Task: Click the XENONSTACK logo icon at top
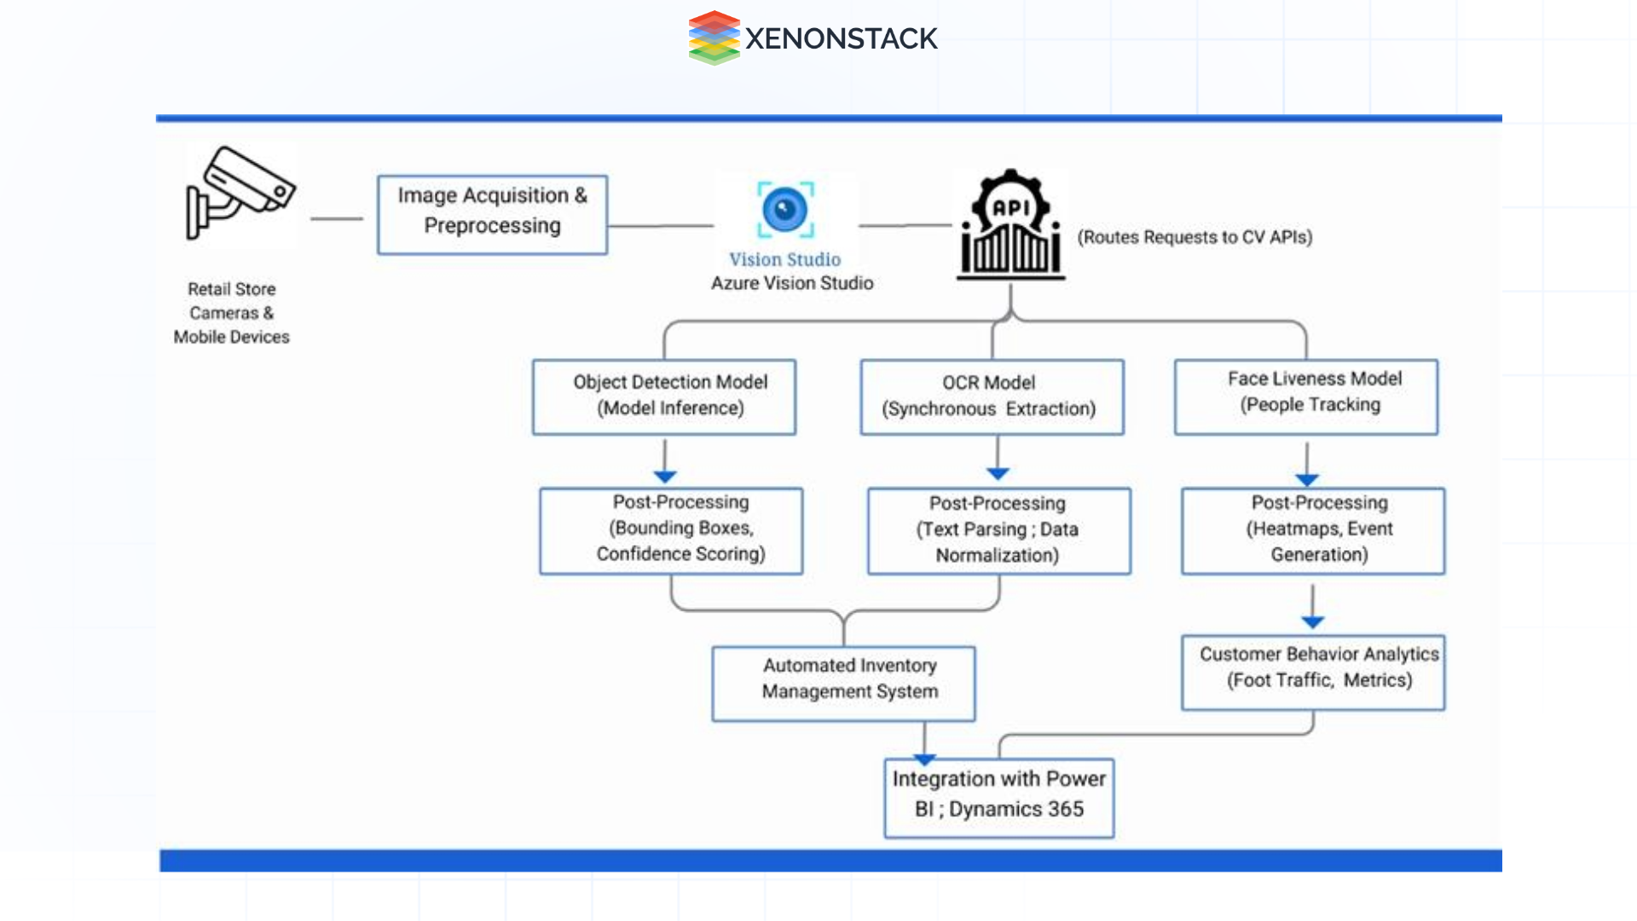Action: pyautogui.click(x=714, y=38)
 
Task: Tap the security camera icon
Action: pyautogui.click(x=240, y=193)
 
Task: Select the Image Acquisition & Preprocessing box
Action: pyautogui.click(x=493, y=215)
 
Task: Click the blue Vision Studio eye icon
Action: pyautogui.click(x=785, y=210)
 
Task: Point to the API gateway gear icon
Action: pyautogui.click(x=1011, y=224)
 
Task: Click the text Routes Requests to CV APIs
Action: pyautogui.click(x=1194, y=237)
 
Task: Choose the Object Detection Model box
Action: pyautogui.click(x=664, y=397)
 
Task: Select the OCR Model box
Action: pyautogui.click(x=992, y=397)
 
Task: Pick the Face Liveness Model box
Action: pyautogui.click(x=1306, y=397)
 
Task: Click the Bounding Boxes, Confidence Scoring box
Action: pyautogui.click(x=671, y=531)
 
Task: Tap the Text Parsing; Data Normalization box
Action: pyautogui.click(x=999, y=531)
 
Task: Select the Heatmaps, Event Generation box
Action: pyautogui.click(x=1313, y=531)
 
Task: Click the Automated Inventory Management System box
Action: pyautogui.click(x=844, y=684)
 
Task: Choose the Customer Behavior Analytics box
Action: pyautogui.click(x=1313, y=673)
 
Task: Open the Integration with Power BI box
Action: pyautogui.click(x=999, y=798)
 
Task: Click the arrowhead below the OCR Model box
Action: pyautogui.click(x=998, y=474)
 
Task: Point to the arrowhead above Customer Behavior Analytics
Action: pyautogui.click(x=1313, y=623)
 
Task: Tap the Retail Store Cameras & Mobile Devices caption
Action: pyautogui.click(x=232, y=313)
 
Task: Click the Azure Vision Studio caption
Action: pyautogui.click(x=793, y=283)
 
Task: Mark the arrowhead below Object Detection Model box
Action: pyautogui.click(x=665, y=477)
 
